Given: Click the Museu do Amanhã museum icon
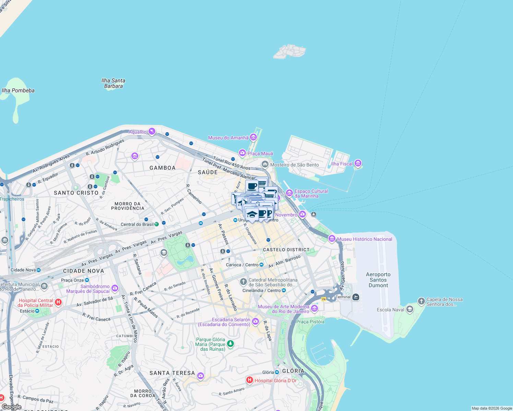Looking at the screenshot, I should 253,137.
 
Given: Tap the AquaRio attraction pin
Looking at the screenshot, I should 152,132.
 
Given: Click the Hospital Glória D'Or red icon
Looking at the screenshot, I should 250,380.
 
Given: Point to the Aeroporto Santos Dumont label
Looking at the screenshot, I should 378,280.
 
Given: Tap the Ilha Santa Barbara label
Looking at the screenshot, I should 113,83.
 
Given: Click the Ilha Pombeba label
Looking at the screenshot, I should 18,90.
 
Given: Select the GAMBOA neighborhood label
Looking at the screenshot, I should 163,168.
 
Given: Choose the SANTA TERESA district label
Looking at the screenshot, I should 172,373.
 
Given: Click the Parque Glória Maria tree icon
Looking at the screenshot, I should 230,343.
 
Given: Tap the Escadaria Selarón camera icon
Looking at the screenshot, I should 255,321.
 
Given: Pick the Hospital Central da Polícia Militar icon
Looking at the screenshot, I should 58,302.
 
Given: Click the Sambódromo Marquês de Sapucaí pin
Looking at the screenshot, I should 115,288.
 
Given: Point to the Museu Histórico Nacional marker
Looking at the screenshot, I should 332,239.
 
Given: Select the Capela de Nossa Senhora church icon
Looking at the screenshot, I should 421,301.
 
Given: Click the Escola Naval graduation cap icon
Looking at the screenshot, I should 409,310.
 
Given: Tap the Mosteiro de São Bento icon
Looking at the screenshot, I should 265,164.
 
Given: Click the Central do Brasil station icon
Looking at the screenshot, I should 156,224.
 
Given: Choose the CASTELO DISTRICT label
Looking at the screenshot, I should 286,250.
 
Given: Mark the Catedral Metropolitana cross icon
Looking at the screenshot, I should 243,282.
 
